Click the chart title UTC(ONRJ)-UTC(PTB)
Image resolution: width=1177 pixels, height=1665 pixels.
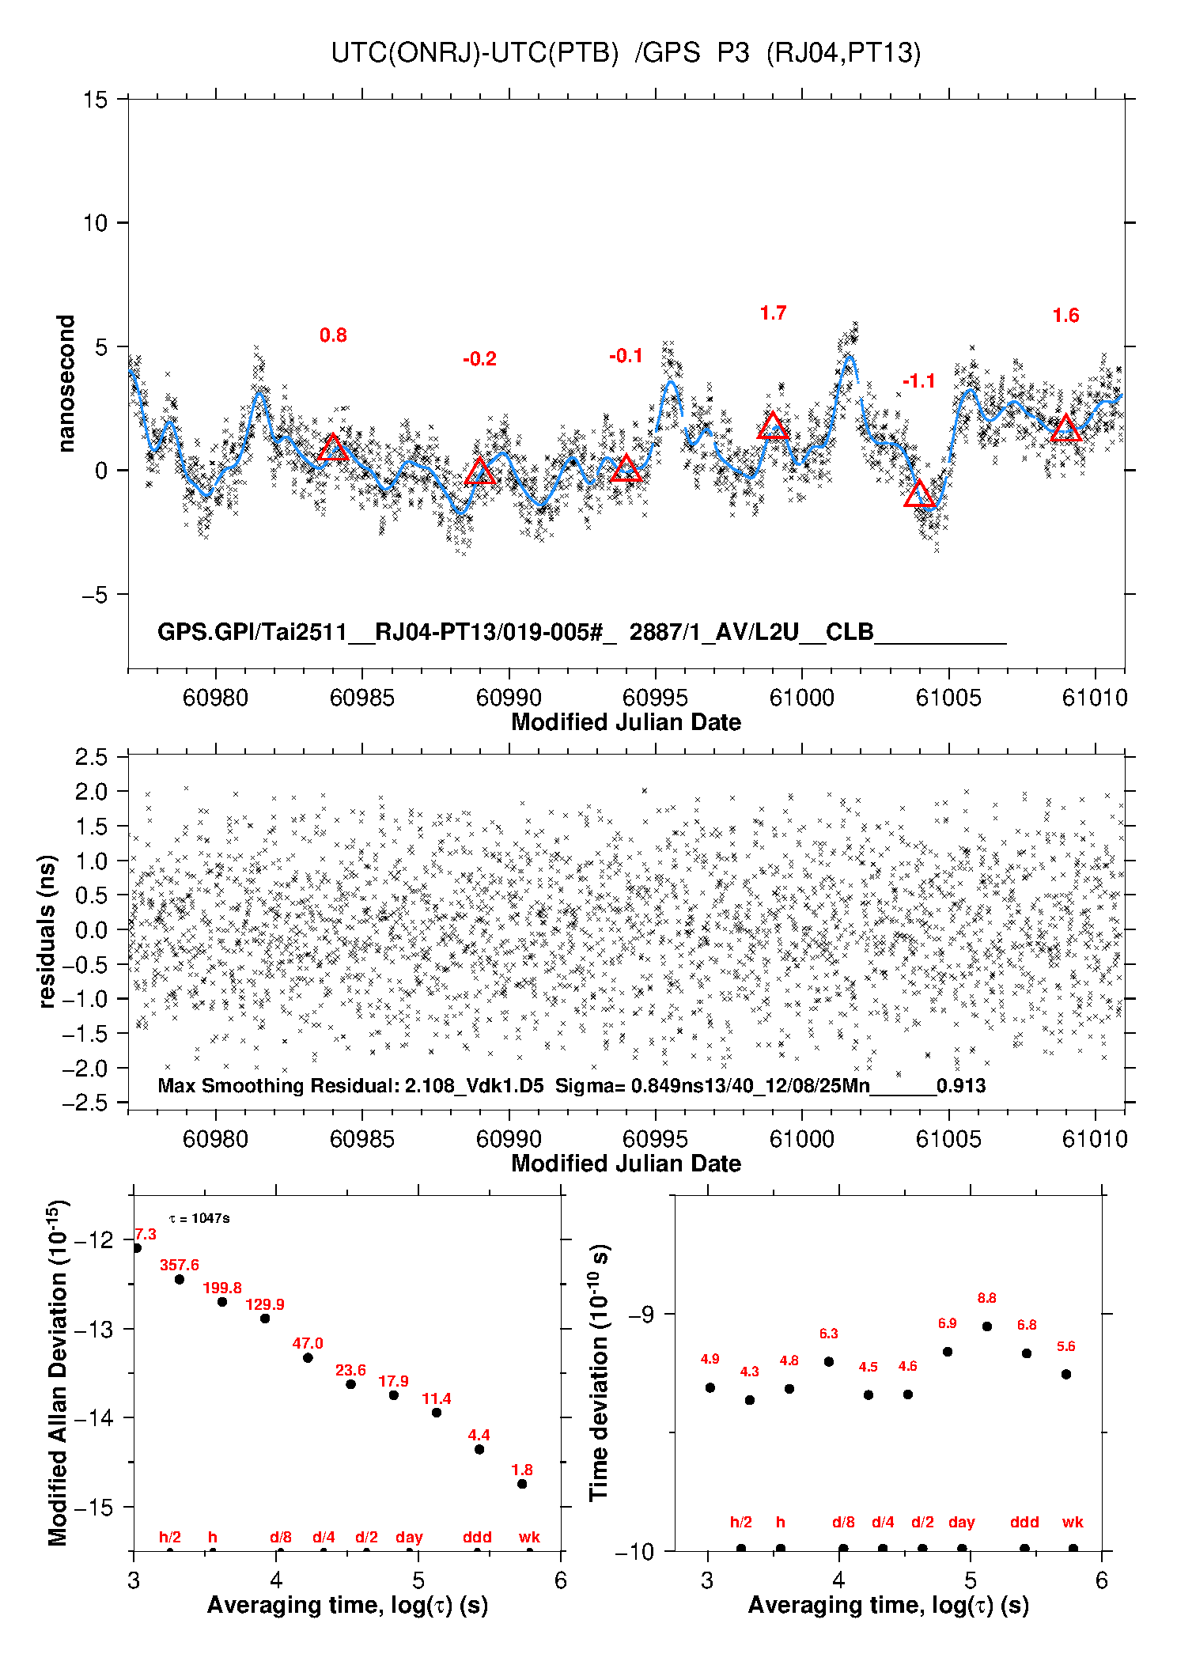click(x=475, y=53)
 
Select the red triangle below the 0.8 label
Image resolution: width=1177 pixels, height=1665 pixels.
click(x=333, y=448)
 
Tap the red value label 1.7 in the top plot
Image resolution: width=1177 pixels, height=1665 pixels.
click(x=773, y=313)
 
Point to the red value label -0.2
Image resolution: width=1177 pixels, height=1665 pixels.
click(x=479, y=359)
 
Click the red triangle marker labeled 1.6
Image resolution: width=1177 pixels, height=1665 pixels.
click(x=1065, y=429)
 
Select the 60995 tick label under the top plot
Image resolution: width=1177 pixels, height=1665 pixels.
click(x=655, y=698)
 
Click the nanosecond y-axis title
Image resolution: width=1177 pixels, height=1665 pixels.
click(x=66, y=384)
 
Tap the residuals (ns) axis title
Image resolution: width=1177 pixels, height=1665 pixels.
click(x=47, y=931)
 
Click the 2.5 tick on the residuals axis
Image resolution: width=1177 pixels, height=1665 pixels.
click(x=92, y=757)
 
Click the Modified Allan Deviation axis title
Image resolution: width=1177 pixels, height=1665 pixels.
click(x=58, y=1373)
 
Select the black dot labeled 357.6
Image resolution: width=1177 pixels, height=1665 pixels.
click(x=180, y=1279)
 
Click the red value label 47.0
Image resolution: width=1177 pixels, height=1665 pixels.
click(x=308, y=1343)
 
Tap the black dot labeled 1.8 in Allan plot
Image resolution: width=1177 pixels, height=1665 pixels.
click(x=522, y=1484)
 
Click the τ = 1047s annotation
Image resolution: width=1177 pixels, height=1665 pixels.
click(x=199, y=1218)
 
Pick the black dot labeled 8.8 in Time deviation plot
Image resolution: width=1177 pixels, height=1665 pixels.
click(x=987, y=1326)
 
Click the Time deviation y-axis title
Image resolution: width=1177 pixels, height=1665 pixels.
click(x=599, y=1373)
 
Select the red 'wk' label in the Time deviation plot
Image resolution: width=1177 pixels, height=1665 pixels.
click(x=1073, y=1522)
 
